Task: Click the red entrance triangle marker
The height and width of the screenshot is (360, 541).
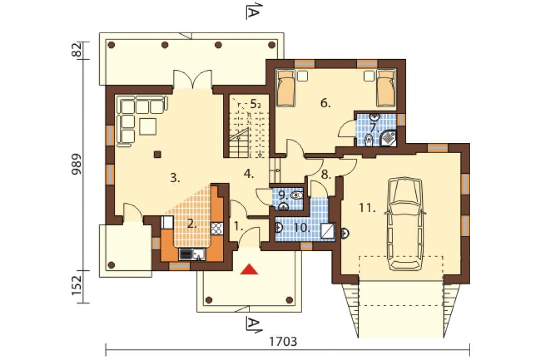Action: (x=249, y=269)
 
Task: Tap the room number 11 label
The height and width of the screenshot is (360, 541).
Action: (x=367, y=208)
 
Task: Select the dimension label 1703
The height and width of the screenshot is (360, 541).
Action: (x=283, y=342)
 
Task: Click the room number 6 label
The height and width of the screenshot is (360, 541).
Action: (x=325, y=103)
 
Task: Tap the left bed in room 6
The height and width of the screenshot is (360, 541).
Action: (x=285, y=88)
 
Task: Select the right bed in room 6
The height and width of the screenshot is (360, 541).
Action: (x=385, y=88)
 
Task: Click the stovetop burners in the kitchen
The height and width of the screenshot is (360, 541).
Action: (x=217, y=228)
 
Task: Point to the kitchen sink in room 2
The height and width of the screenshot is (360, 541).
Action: (x=199, y=254)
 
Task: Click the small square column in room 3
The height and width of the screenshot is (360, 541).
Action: (x=157, y=154)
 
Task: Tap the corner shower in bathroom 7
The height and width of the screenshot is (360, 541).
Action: (x=388, y=137)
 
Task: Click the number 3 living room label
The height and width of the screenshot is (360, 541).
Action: (x=175, y=178)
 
